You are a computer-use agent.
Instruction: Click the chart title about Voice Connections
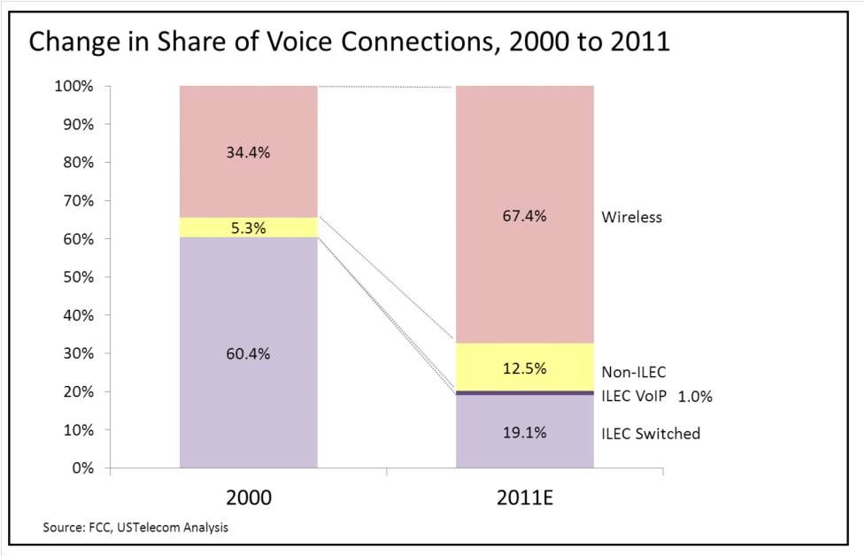click(349, 43)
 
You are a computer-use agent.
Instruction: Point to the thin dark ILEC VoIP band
click(524, 392)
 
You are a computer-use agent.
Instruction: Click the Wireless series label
click(631, 217)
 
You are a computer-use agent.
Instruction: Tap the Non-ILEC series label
click(633, 373)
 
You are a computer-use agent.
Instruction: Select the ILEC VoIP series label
click(633, 397)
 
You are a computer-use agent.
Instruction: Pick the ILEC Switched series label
click(651, 434)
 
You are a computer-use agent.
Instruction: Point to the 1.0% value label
click(695, 398)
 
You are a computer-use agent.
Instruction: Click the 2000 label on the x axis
click(248, 498)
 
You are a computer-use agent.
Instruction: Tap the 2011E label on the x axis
click(524, 498)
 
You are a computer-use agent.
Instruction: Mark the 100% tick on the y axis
click(74, 87)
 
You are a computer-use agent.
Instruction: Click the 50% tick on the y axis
click(77, 277)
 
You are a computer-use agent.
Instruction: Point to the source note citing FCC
click(135, 528)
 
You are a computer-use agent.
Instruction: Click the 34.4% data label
click(248, 152)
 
